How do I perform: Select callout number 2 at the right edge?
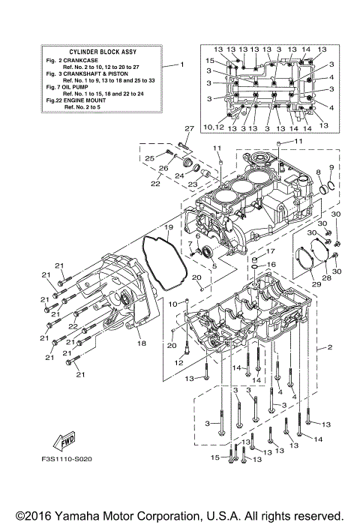pyautogui.click(x=329, y=348)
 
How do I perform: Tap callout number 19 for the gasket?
pyautogui.click(x=169, y=227)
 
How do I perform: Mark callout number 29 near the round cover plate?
pyautogui.click(x=316, y=284)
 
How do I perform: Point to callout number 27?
pyautogui.click(x=190, y=128)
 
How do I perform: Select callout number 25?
pyautogui.click(x=149, y=158)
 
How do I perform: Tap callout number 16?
pyautogui.click(x=272, y=265)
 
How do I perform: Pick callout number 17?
pyautogui.click(x=272, y=251)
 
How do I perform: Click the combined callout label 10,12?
pyautogui.click(x=214, y=128)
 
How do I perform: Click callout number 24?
pyautogui.click(x=179, y=177)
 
